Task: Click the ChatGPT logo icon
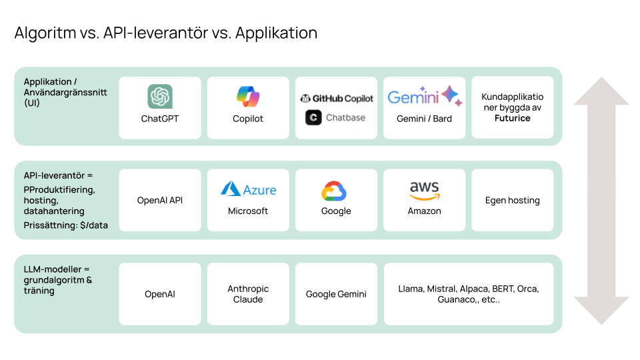160,97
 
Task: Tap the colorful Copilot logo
248,97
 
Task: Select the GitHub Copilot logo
336,98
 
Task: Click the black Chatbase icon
313,117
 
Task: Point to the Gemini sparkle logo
451,97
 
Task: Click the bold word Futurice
512,118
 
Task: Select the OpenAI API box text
160,200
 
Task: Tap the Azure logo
248,189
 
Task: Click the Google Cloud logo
336,191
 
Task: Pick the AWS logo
424,190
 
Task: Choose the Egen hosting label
512,200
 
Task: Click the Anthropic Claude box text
248,294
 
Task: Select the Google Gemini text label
336,294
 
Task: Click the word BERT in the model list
503,289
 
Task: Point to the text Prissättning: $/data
65,225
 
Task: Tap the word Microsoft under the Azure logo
248,211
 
